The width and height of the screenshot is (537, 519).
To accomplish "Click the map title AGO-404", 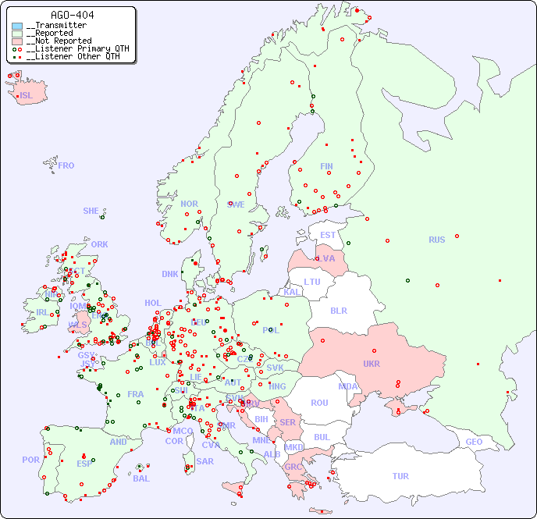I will coord(73,15).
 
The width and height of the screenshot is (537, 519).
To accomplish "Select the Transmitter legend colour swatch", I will coord(17,26).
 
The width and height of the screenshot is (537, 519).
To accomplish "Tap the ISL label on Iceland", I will coord(26,95).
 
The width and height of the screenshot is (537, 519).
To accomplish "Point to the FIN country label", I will coord(326,166).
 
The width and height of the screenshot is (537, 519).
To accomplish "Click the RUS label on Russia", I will coord(436,240).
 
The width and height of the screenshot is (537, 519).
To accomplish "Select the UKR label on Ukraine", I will coord(372,364).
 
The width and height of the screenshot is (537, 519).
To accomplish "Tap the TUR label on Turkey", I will coord(400,476).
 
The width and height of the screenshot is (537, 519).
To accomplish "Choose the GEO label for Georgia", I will coord(474,442).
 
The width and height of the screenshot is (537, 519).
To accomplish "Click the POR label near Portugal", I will coord(30,460).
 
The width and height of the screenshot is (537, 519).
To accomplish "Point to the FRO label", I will coord(66,165).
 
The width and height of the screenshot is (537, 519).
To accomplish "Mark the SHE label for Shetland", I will coord(91,211).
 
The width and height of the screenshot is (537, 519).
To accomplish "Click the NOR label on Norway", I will coord(189,204).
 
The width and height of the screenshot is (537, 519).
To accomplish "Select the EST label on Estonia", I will coord(328,235).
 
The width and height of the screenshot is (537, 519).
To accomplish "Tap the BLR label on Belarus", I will coord(338,310).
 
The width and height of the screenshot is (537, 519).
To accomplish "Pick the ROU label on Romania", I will coord(319,403).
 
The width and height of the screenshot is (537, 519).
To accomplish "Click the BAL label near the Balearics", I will coord(140,478).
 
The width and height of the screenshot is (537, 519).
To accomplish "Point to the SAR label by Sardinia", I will coord(204,461).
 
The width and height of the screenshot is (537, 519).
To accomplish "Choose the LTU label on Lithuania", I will coord(312,282).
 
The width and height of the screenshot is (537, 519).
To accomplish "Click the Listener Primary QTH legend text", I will coord(73,48).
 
